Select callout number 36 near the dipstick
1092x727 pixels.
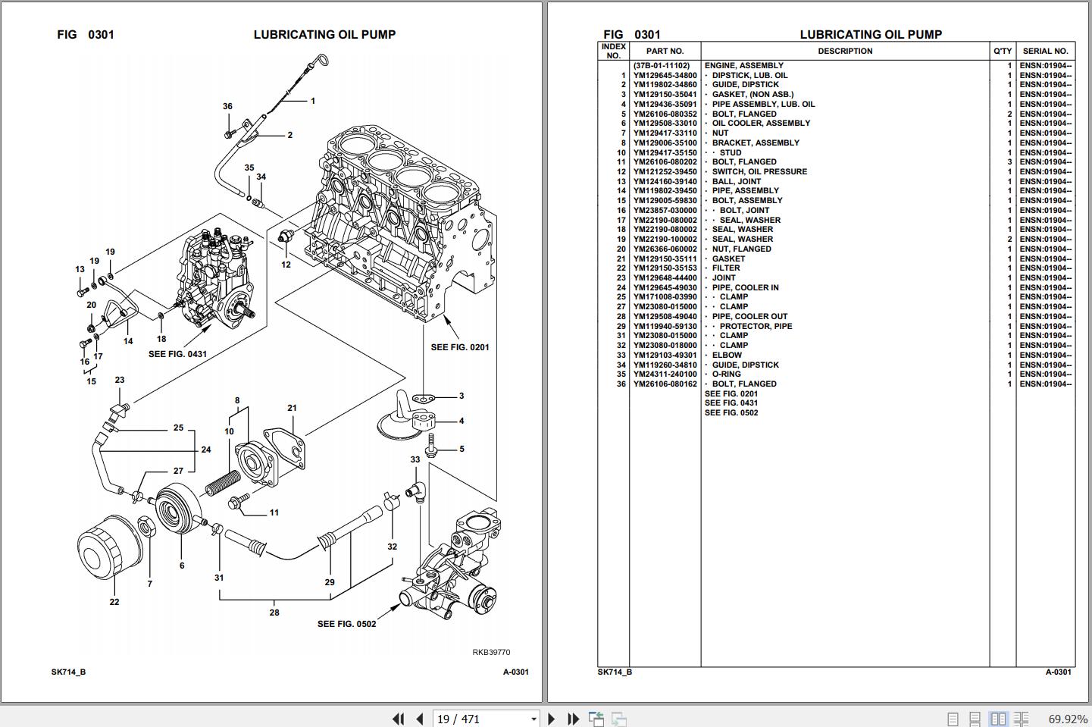pyautogui.click(x=227, y=107)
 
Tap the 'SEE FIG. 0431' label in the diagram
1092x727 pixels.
pyautogui.click(x=177, y=354)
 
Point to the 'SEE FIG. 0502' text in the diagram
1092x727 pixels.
pyautogui.click(x=346, y=624)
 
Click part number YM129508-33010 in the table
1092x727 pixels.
pyautogui.click(x=665, y=124)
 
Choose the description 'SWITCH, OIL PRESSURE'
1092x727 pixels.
pyautogui.click(x=759, y=172)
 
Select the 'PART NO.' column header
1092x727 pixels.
pyautogui.click(x=665, y=52)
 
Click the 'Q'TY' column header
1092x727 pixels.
pyautogui.click(x=1002, y=52)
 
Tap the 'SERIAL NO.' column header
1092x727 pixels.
pyautogui.click(x=1045, y=52)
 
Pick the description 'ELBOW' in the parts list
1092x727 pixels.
pyautogui.click(x=727, y=355)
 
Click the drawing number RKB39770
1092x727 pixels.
pyautogui.click(x=491, y=652)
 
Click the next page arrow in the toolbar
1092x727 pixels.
pyautogui.click(x=552, y=719)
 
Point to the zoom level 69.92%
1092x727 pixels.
pyautogui.click(x=1068, y=719)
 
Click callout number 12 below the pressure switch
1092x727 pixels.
pyautogui.click(x=286, y=265)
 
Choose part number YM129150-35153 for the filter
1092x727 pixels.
pyautogui.click(x=665, y=268)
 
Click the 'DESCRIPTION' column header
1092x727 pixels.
pyautogui.click(x=845, y=52)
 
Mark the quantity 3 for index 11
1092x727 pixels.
pyautogui.click(x=1009, y=162)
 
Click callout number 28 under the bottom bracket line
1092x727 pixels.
pyautogui.click(x=274, y=613)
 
